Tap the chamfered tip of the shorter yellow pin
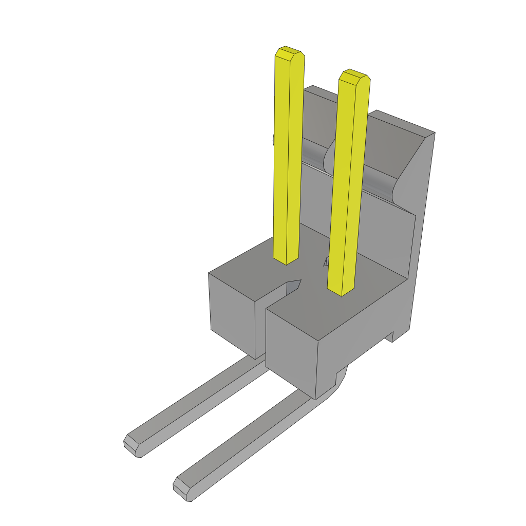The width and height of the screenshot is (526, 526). pyautogui.click(x=354, y=76)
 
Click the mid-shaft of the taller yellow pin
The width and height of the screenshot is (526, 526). pyautogui.click(x=288, y=154)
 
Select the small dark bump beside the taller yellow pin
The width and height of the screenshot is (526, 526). pyautogui.click(x=274, y=139)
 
